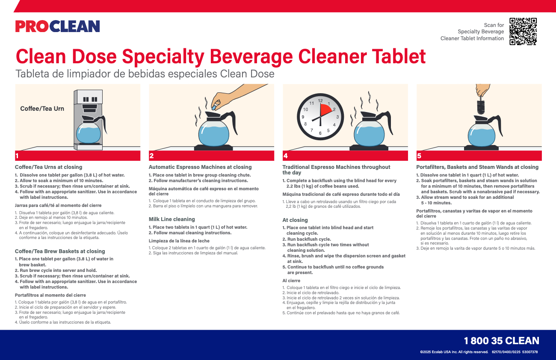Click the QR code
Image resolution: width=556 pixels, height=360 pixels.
click(x=523, y=31)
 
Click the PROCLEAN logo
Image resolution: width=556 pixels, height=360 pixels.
click(x=57, y=27)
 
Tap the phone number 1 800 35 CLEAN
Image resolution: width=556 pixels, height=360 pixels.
click(x=501, y=341)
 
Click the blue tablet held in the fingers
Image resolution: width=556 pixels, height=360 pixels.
click(x=214, y=108)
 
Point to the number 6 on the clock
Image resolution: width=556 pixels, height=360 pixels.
click(x=320, y=133)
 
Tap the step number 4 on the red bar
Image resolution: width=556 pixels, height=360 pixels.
click(x=285, y=156)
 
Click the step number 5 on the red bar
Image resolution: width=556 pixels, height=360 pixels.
click(x=419, y=156)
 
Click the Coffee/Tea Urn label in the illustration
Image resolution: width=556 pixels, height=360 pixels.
click(x=42, y=109)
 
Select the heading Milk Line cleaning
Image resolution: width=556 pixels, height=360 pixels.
click(x=172, y=219)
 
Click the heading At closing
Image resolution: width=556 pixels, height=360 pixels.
click(x=295, y=220)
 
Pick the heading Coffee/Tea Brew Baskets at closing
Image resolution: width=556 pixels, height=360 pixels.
click(x=60, y=251)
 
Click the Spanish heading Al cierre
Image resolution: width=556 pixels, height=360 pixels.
click(x=291, y=280)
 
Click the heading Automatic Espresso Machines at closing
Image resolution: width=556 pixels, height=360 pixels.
click(x=200, y=167)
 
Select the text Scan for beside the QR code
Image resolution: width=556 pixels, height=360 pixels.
click(x=494, y=25)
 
